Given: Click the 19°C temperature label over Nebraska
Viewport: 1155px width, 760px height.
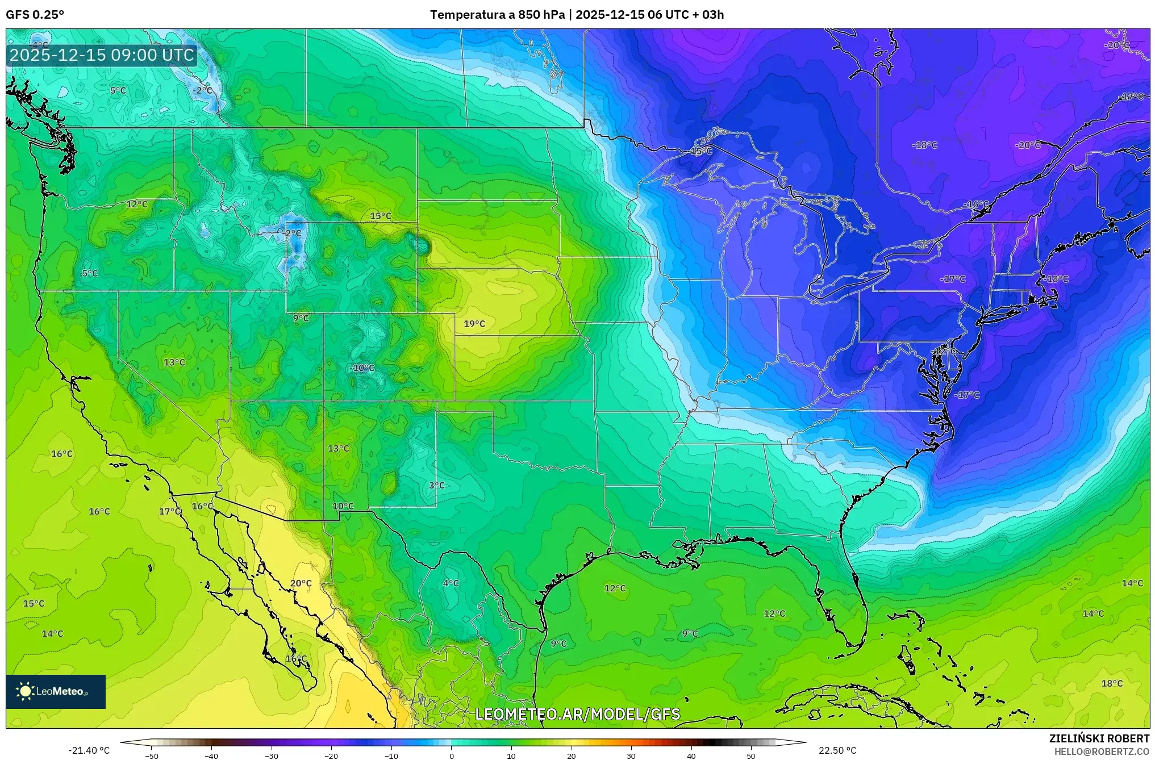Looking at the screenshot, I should click(474, 324).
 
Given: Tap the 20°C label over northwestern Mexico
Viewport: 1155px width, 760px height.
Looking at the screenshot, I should click(301, 583).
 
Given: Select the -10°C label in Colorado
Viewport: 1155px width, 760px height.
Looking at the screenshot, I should click(362, 368).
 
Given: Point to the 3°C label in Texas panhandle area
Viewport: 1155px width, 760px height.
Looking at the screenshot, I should click(436, 485).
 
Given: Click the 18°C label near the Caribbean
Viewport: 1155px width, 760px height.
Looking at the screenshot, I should click(1112, 683).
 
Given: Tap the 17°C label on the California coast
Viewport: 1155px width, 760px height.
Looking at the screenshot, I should click(170, 511).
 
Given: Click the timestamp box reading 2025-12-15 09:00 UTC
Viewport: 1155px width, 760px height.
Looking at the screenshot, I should click(102, 55).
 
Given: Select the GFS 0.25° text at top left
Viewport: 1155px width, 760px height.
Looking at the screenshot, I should click(35, 15).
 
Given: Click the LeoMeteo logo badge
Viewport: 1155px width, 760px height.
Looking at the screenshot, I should click(56, 691).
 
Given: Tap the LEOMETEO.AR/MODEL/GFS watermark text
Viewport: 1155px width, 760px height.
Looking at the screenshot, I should click(577, 714).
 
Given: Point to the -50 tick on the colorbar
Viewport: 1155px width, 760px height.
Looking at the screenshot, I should click(152, 755).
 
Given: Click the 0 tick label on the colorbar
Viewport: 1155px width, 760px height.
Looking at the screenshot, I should click(452, 755).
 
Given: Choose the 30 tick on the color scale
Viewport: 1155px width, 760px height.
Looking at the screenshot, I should click(631, 755).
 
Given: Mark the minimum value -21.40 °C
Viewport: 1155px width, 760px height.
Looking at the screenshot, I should click(89, 750).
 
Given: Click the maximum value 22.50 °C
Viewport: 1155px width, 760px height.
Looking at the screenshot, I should click(837, 750).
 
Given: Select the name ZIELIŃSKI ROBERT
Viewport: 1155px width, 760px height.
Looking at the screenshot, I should click(1099, 738).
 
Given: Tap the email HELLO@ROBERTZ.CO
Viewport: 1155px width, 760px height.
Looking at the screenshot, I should click(1102, 751).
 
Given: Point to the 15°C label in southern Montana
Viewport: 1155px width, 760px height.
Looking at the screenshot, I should click(381, 216).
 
